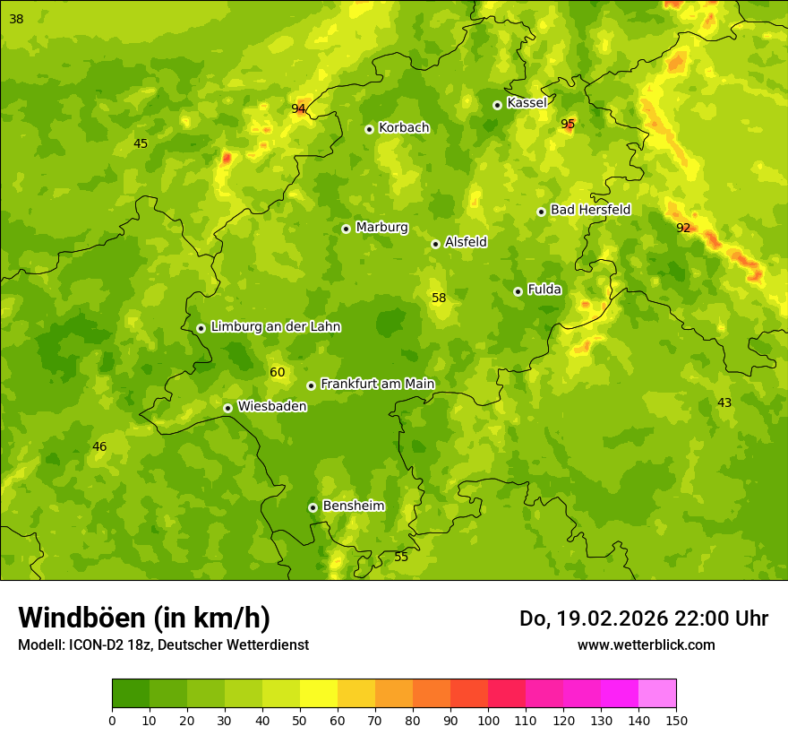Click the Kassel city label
527,103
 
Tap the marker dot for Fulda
518,291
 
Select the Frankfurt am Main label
377,384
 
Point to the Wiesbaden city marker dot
227,408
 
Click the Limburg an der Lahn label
275,326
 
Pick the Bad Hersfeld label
590,210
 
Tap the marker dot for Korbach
369,129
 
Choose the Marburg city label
381,227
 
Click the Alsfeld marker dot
435,244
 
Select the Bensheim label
353,506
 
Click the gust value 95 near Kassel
568,124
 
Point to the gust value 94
298,109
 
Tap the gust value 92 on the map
683,228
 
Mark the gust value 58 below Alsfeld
439,298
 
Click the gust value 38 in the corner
16,19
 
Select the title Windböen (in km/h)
144,618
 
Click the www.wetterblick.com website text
646,645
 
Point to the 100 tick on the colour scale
488,720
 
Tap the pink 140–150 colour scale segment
657,694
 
